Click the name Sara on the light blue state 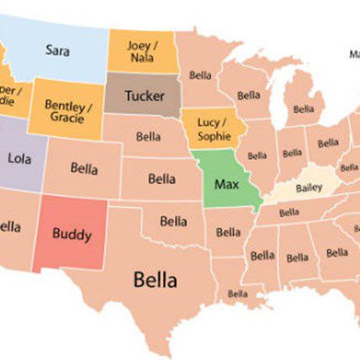click(x=57, y=50)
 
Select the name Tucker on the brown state click(x=144, y=95)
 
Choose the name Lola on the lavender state click(x=19, y=157)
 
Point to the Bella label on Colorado click(x=84, y=168)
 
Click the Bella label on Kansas click(x=161, y=178)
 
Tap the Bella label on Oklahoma click(x=173, y=220)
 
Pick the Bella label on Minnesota click(x=200, y=75)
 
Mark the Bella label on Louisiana click(x=238, y=294)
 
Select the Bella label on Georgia click(x=337, y=252)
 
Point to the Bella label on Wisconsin click(x=249, y=95)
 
